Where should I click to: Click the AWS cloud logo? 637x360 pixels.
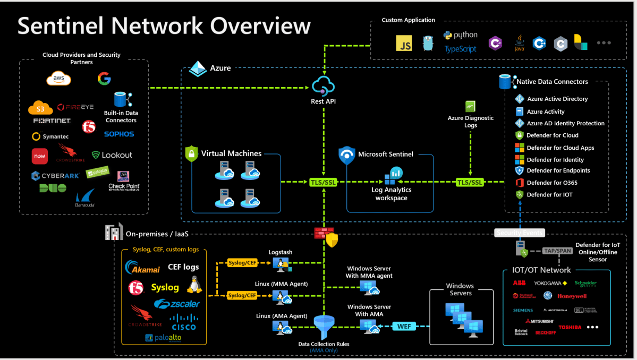pyautogui.click(x=58, y=79)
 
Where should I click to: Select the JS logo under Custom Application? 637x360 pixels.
pyautogui.click(x=405, y=44)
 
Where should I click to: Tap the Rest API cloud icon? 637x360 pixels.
pyautogui.click(x=323, y=86)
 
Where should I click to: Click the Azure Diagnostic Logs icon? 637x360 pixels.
pyautogui.click(x=470, y=106)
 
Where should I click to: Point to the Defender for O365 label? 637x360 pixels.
pyautogui.click(x=552, y=183)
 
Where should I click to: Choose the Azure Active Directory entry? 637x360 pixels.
pyautogui.click(x=557, y=99)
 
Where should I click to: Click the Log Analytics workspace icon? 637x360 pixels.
pyautogui.click(x=394, y=174)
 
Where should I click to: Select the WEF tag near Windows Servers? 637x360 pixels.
pyautogui.click(x=404, y=326)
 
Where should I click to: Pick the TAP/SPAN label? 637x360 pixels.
pyautogui.click(x=557, y=251)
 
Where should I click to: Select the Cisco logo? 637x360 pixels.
pyautogui.click(x=183, y=322)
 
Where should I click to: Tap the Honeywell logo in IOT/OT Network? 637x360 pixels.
pyautogui.click(x=572, y=296)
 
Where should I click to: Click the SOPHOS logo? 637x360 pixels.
pyautogui.click(x=119, y=134)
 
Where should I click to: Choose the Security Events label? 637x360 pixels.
pyautogui.click(x=520, y=233)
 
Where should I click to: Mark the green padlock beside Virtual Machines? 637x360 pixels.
pyautogui.click(x=191, y=154)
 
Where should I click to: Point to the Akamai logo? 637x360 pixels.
pyautogui.click(x=142, y=268)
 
